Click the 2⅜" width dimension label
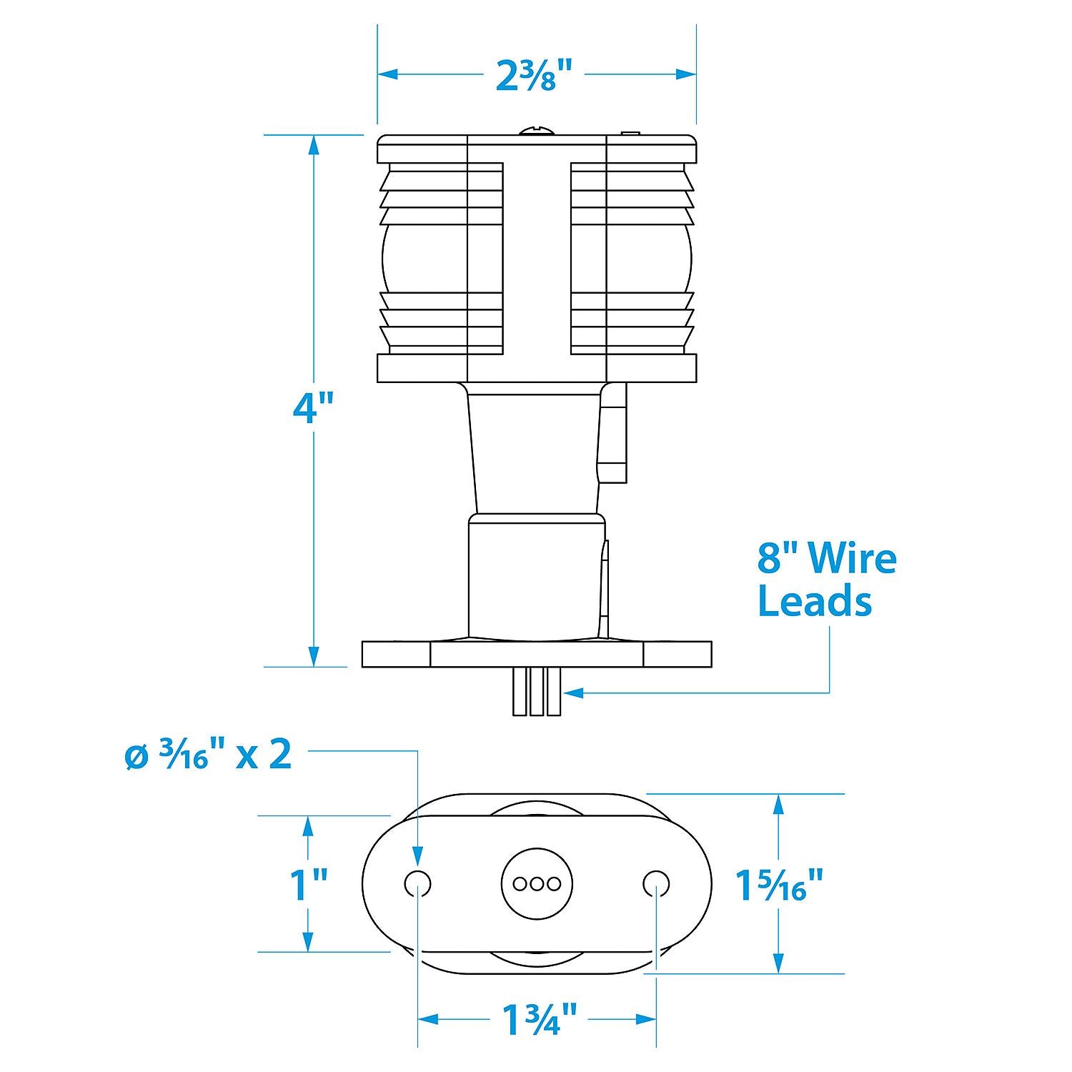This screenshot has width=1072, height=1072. click(x=536, y=75)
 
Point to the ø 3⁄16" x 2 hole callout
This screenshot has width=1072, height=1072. click(x=208, y=755)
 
